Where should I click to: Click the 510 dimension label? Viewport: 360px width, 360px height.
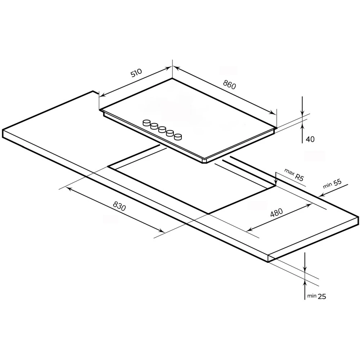coord(136,73)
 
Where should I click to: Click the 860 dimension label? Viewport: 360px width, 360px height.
coord(229,85)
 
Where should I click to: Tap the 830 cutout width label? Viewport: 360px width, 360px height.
coord(120,206)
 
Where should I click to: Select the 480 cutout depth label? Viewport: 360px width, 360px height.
coord(276,213)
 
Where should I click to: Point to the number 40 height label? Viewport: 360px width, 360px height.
coord(310,139)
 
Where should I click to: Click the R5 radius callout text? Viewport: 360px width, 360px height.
coord(299,177)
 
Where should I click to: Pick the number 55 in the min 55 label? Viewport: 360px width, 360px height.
coord(337,183)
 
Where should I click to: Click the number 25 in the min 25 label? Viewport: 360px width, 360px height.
coord(322,296)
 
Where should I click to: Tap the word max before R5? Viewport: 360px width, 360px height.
coord(289,172)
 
